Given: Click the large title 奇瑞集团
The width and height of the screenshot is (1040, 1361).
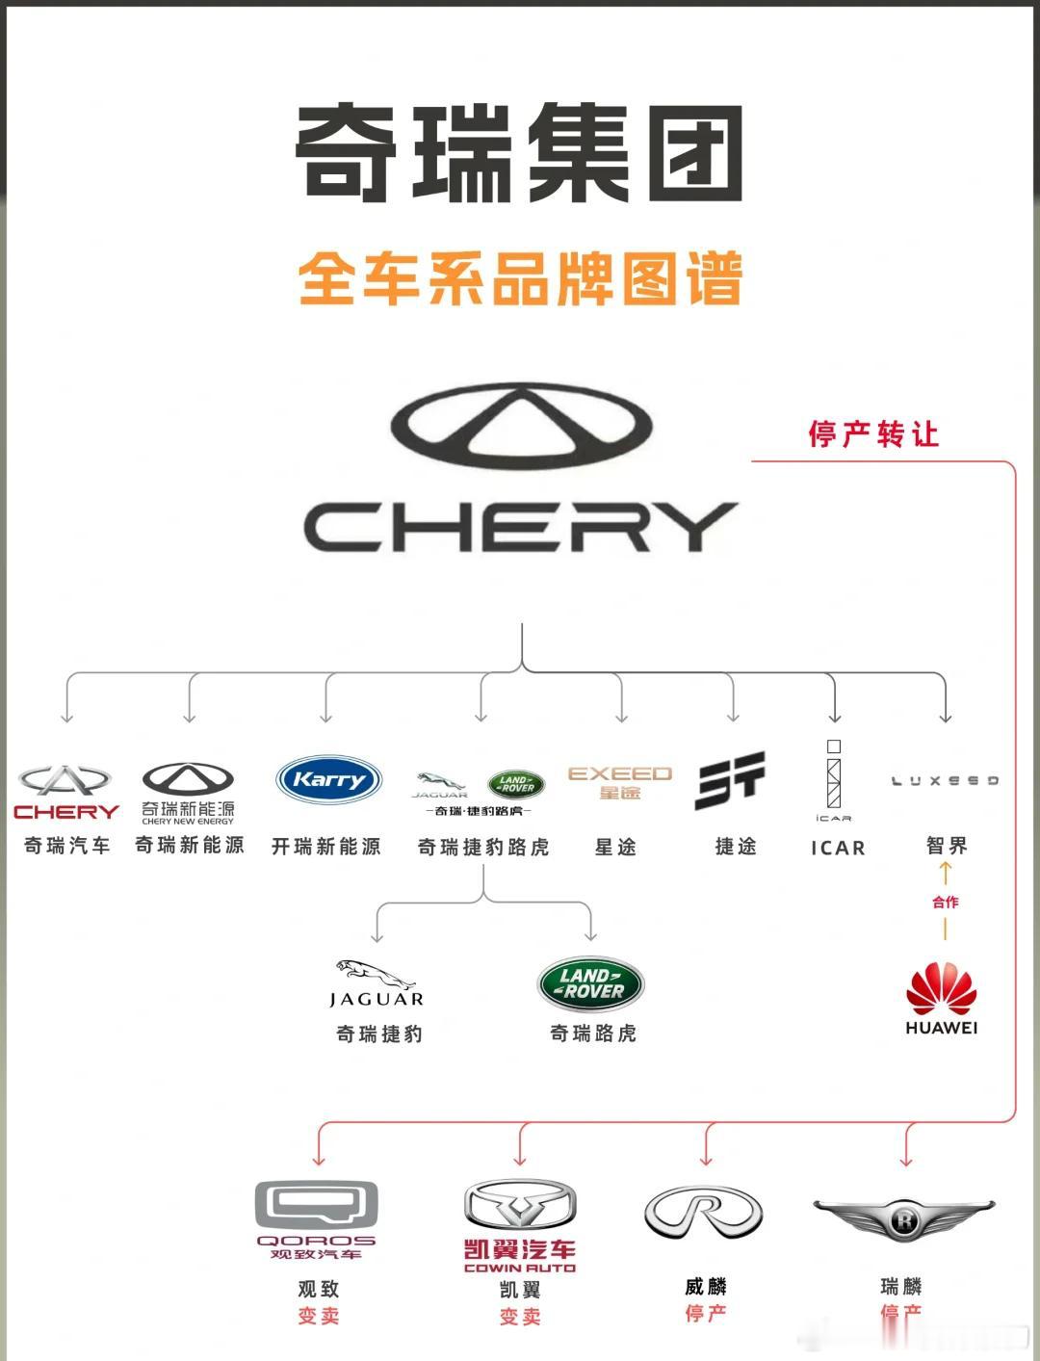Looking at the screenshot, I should pos(519,154).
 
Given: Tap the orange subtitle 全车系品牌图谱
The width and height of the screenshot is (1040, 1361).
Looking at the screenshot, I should pos(520,279).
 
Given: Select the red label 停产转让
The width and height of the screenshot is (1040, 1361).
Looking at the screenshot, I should pos(873,434).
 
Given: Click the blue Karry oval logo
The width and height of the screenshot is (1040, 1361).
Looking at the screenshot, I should pos(328,780).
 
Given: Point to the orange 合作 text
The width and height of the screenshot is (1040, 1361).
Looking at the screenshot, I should pos(946,903).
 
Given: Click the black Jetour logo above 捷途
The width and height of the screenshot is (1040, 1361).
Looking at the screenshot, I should pos(731,780).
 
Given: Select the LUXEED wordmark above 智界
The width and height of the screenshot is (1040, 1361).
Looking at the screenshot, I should pos(945,780).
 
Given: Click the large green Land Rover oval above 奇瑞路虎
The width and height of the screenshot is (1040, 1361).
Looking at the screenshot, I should pos(590,983).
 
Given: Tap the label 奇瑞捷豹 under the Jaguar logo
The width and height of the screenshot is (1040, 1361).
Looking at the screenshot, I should pos(379,1034).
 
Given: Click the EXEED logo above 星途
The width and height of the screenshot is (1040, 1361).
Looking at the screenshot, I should pos(619,782).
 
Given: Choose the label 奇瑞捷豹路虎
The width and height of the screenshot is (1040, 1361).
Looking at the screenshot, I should pos(483,847).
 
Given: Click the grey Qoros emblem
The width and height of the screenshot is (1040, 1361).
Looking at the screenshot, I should pos(316,1204).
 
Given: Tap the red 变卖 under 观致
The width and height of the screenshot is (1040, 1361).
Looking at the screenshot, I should pos(319,1316).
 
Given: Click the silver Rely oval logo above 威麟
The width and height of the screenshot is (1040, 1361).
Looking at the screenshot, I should pos(704,1212).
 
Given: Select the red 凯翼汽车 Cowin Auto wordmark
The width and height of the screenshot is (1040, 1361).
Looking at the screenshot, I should pos(520,1250).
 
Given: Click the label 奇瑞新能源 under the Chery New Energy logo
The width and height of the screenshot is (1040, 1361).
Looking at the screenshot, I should pos(190,846).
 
